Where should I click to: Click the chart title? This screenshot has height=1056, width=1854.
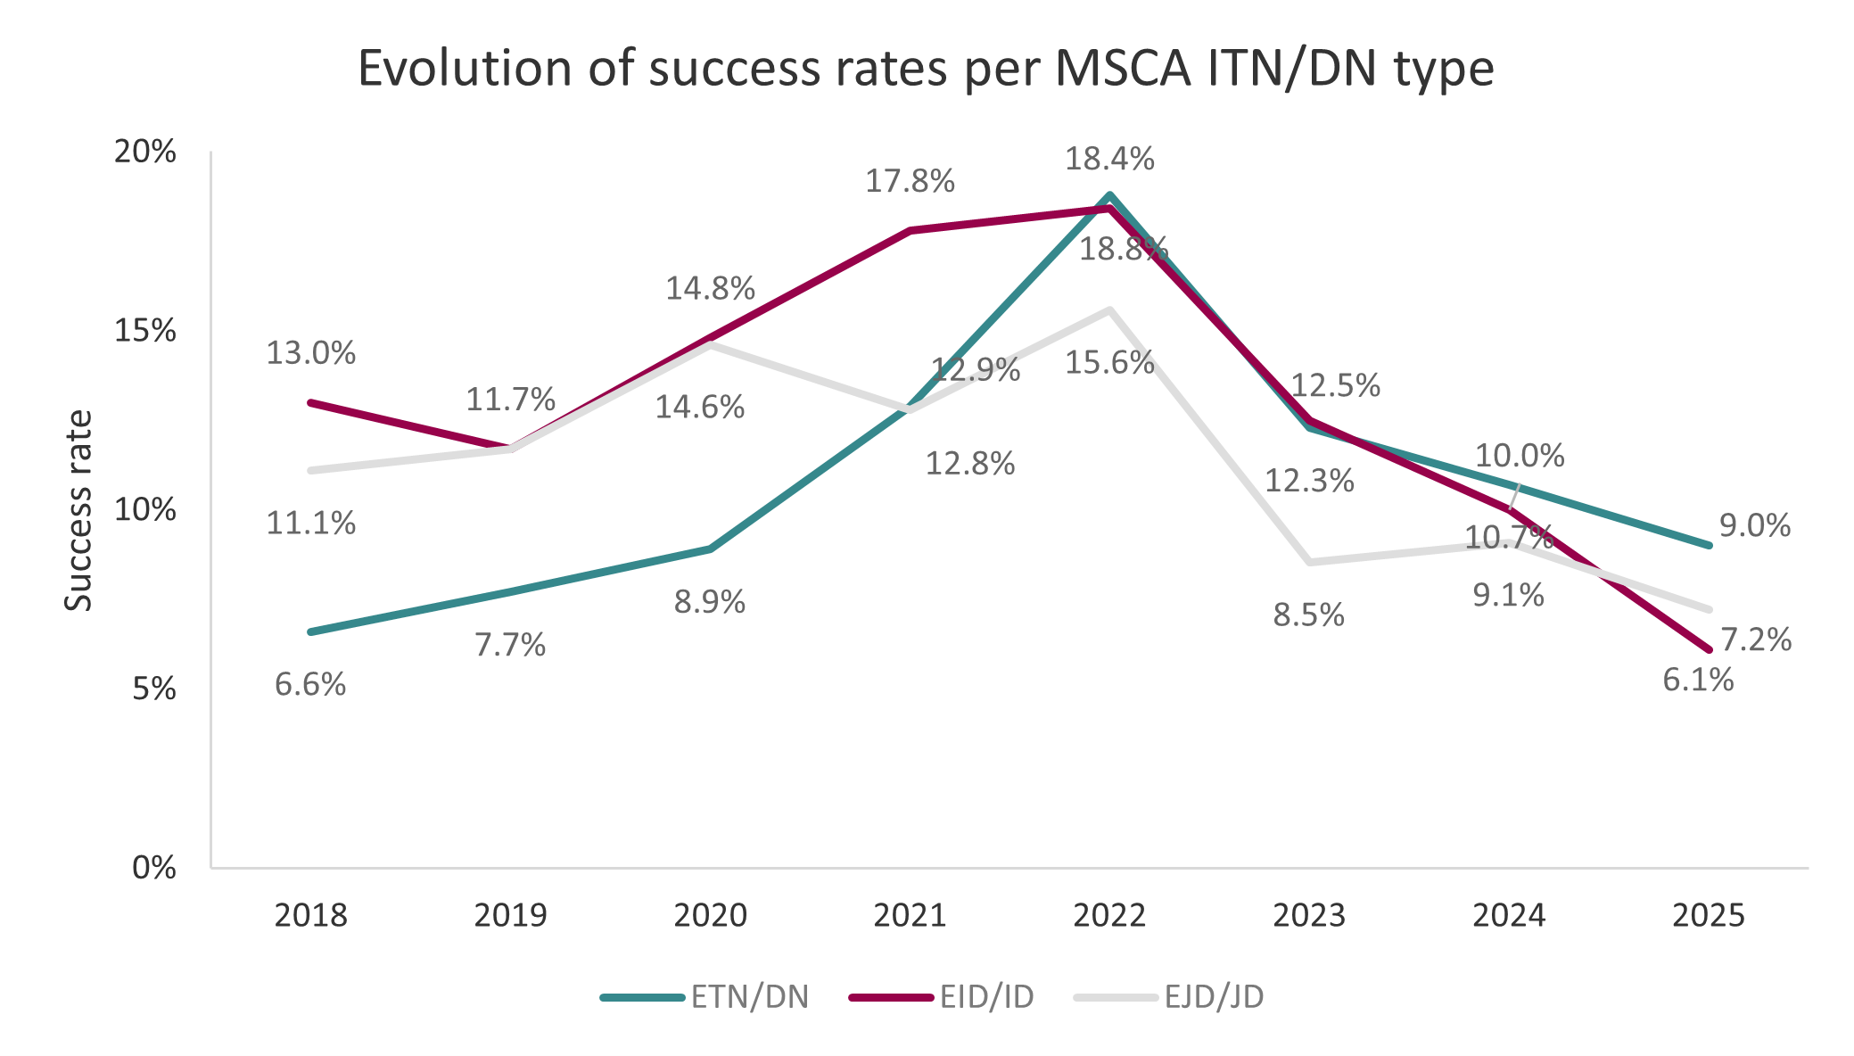tap(926, 69)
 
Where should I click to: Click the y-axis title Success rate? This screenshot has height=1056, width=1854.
tap(79, 510)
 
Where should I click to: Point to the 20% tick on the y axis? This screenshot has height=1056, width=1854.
tap(145, 152)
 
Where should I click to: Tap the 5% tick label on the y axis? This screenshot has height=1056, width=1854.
tap(154, 689)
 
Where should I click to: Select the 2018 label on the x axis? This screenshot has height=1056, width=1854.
tap(310, 916)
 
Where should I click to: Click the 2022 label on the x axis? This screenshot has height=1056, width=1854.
tap(1109, 916)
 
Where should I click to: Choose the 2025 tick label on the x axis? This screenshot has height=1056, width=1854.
tap(1708, 916)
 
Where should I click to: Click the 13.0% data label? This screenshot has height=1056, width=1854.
tap(311, 354)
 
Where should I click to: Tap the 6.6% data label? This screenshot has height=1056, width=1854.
tap(310, 685)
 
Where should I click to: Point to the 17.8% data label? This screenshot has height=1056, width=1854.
tap(910, 182)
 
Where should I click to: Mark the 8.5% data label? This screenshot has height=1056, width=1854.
tap(1308, 615)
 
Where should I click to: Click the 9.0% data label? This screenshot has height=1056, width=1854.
tap(1754, 526)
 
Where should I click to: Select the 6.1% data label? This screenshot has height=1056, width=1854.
tap(1698, 681)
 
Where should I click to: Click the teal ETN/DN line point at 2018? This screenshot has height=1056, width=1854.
tap(311, 631)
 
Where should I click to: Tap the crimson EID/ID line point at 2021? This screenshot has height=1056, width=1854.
tap(910, 231)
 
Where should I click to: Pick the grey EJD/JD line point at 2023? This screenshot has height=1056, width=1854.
tap(1309, 562)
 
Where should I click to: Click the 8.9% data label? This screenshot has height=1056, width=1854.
tap(710, 603)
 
